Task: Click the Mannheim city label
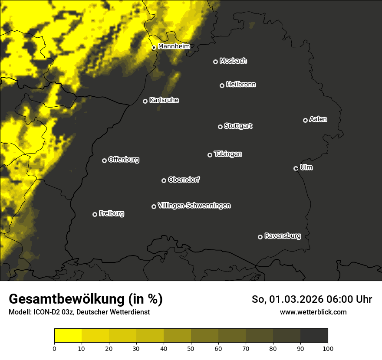(x=174, y=46)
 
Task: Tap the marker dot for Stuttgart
(x=220, y=127)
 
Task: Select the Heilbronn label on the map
(x=241, y=85)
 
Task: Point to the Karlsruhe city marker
(x=145, y=101)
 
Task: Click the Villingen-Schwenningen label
(x=194, y=206)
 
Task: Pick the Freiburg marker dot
(x=95, y=214)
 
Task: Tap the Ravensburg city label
(x=282, y=236)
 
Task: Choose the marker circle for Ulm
(x=296, y=168)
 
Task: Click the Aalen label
(x=318, y=119)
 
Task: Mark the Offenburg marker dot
(x=104, y=160)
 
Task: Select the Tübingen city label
(x=228, y=154)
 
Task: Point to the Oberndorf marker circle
(x=164, y=180)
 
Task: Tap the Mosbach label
(x=233, y=61)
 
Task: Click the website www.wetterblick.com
(x=313, y=312)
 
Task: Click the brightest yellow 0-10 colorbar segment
(x=68, y=335)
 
